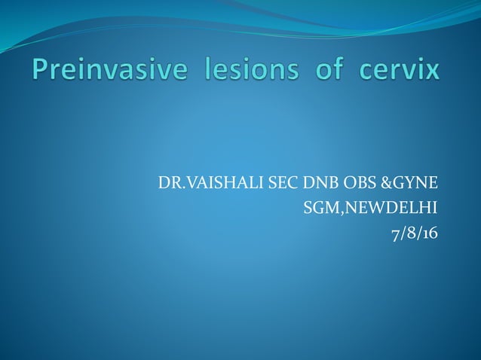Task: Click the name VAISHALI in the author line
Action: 213,183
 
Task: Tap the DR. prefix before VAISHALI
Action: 169,183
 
